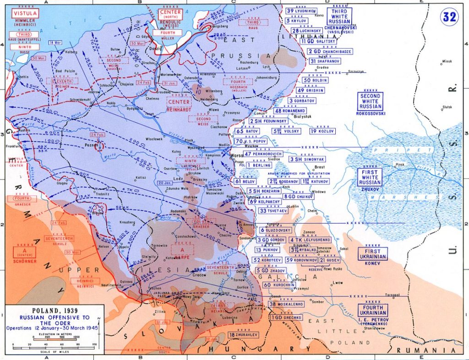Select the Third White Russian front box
[x=339, y=16]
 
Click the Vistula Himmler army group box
[x=22, y=14]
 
